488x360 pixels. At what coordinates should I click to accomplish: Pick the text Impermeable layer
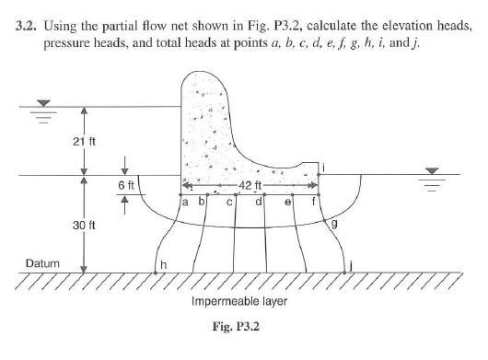240,300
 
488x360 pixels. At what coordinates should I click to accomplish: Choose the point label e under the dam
289,201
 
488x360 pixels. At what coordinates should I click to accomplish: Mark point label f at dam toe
314,200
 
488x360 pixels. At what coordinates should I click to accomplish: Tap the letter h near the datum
164,265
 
